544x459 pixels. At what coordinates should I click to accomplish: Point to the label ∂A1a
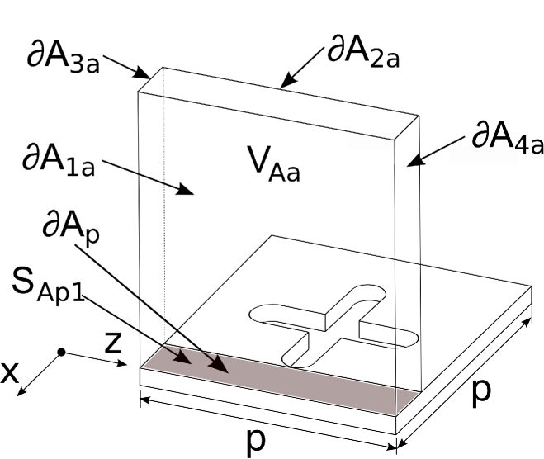click(x=58, y=159)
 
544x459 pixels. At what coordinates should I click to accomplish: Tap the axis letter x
click(x=10, y=373)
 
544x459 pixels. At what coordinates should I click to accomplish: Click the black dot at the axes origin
click(x=61, y=353)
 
